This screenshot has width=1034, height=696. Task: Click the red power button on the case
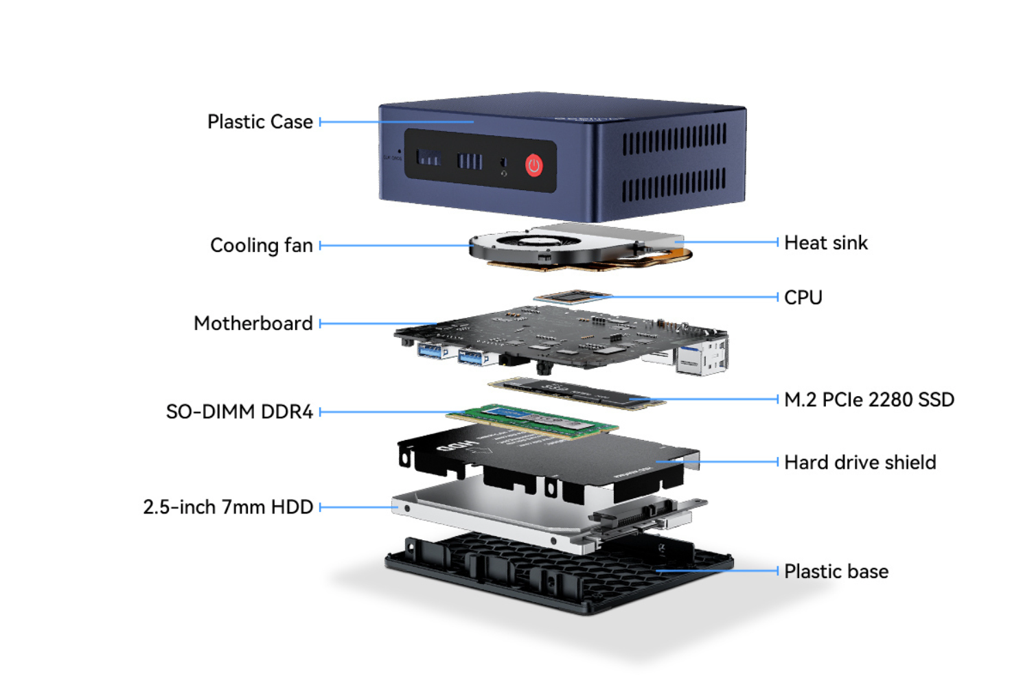pos(533,165)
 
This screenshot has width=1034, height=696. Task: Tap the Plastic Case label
pos(260,122)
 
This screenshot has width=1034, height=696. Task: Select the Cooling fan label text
pos(261,246)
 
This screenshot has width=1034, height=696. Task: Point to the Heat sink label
pos(825,243)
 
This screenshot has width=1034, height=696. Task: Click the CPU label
pos(803,298)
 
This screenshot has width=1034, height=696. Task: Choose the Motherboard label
pos(253,323)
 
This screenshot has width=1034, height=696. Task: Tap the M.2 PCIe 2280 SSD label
pos(869,399)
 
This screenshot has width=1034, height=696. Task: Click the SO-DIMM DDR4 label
pos(239,412)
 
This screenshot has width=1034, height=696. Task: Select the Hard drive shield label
pos(860,463)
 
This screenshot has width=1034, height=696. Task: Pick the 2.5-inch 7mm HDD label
pos(227,507)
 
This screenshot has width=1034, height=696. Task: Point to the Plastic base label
pos(836,572)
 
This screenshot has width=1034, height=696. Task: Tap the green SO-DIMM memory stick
pos(532,419)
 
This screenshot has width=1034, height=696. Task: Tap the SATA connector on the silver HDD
pos(632,516)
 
